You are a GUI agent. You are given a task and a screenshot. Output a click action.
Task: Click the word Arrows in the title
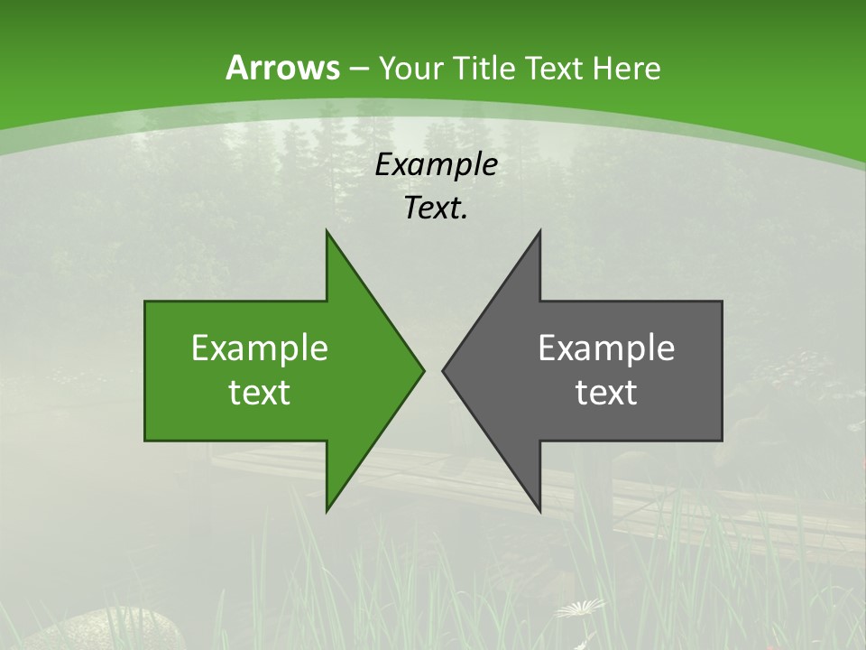point(281,68)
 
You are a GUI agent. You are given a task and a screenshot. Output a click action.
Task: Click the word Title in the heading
point(486,68)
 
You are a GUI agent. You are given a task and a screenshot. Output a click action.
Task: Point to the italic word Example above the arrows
point(436,164)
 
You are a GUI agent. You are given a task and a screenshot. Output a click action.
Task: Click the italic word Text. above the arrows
point(436,208)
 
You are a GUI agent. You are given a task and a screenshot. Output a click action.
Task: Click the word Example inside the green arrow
point(260,348)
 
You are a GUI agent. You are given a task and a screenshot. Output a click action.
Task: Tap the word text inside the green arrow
point(260,393)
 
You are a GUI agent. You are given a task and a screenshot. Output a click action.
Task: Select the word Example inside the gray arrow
point(606,348)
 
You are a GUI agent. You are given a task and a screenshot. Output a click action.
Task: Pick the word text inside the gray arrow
point(606,393)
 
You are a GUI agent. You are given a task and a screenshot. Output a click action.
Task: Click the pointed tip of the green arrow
point(422,370)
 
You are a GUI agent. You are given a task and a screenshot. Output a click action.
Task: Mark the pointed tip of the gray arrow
point(444,370)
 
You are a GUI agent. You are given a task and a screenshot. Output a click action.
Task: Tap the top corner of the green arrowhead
point(327,232)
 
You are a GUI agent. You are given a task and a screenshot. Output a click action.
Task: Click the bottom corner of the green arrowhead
point(327,509)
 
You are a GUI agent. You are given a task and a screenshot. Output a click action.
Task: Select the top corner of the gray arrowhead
point(539,232)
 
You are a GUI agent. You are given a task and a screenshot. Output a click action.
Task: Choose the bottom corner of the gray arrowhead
point(539,509)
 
